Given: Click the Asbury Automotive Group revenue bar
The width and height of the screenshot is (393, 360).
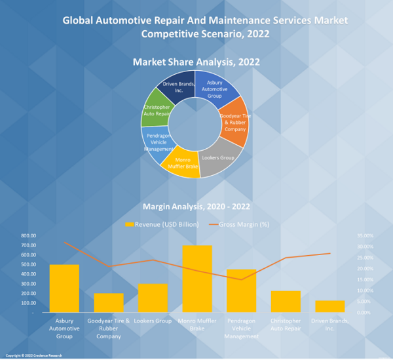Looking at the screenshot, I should pyautogui.click(x=64, y=289).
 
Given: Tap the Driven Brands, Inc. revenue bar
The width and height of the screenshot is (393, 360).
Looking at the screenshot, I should pyautogui.click(x=329, y=306).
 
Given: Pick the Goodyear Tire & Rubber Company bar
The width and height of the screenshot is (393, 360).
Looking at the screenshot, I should pyautogui.click(x=109, y=302).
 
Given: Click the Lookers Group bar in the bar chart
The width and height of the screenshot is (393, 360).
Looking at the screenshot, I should pyautogui.click(x=153, y=298).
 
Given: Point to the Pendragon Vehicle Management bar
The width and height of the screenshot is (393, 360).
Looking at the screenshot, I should pyautogui.click(x=241, y=290).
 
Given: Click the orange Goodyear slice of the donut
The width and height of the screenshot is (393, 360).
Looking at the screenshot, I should pyautogui.click(x=234, y=121).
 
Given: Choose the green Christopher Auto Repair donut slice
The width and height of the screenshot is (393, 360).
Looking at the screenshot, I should pyautogui.click(x=156, y=110).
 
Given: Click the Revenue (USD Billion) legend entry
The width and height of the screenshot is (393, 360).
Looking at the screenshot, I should pyautogui.click(x=162, y=224).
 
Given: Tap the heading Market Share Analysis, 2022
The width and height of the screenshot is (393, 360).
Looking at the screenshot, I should pyautogui.click(x=196, y=62).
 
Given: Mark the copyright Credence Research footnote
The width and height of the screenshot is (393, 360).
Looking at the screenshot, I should pyautogui.click(x=34, y=355).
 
